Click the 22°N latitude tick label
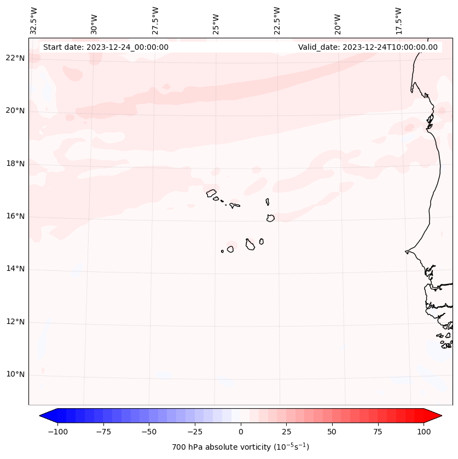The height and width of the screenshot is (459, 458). pos(15,59)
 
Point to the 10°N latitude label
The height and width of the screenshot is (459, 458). pos(15,375)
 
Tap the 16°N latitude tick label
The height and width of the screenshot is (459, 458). pos(15,217)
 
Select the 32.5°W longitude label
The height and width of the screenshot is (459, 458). pos(34,21)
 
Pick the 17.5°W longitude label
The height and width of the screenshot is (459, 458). pos(398,21)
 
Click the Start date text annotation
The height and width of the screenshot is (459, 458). pos(106,47)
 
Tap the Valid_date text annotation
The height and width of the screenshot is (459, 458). pos(368,47)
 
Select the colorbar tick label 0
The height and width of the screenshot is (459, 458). pos(241,432)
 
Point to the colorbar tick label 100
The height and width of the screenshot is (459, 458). pos(424,432)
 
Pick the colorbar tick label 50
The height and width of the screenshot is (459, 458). pos(332,432)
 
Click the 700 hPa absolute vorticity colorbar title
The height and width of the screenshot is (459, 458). pos(240,448)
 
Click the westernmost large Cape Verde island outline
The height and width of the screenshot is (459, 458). pos(211,193)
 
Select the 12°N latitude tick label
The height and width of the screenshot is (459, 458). pos(15,322)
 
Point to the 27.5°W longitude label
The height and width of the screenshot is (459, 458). pos(155,21)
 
